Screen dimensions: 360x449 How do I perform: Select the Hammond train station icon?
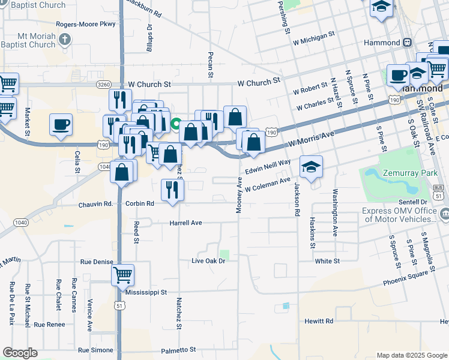point(407,43)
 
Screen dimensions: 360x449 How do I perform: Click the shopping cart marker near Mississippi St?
point(122,275)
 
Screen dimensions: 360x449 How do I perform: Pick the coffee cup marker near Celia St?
point(61,125)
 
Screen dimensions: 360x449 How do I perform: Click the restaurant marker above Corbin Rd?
point(173,190)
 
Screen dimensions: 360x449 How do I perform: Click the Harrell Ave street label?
point(185,223)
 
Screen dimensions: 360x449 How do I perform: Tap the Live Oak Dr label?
point(208,261)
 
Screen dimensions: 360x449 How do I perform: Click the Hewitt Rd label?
point(318,321)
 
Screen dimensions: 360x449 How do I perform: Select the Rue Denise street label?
point(97,262)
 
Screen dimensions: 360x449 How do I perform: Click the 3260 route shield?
point(103,85)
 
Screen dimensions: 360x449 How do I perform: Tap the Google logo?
point(20,353)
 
